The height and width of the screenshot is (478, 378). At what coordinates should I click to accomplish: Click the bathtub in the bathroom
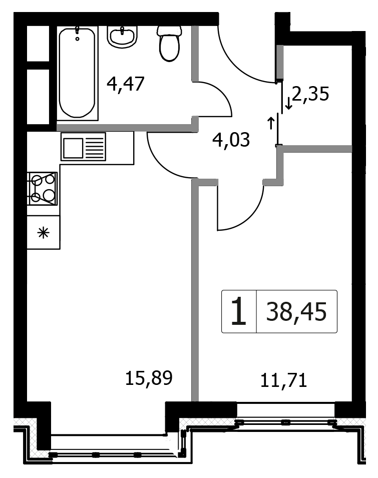point(78,73)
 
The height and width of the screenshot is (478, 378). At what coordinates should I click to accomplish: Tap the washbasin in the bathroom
point(122,37)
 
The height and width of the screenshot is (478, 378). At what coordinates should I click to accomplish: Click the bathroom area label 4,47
point(125,84)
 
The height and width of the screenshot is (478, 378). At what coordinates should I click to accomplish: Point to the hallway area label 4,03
point(231,140)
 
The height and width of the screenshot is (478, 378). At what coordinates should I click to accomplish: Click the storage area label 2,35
point(310,94)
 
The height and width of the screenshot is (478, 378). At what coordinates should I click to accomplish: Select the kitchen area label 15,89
point(149,378)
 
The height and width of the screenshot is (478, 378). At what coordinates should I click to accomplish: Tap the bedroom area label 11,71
point(283,381)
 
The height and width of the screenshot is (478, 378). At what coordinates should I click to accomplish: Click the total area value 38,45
point(296,311)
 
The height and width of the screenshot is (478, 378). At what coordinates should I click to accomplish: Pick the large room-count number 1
point(239,311)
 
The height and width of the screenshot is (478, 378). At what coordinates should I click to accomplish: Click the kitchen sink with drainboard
point(83,146)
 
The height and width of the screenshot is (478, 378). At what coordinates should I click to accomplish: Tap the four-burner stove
point(43,188)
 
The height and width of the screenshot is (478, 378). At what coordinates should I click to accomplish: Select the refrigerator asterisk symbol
point(43,233)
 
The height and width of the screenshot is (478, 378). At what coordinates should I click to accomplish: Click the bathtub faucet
point(78,33)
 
